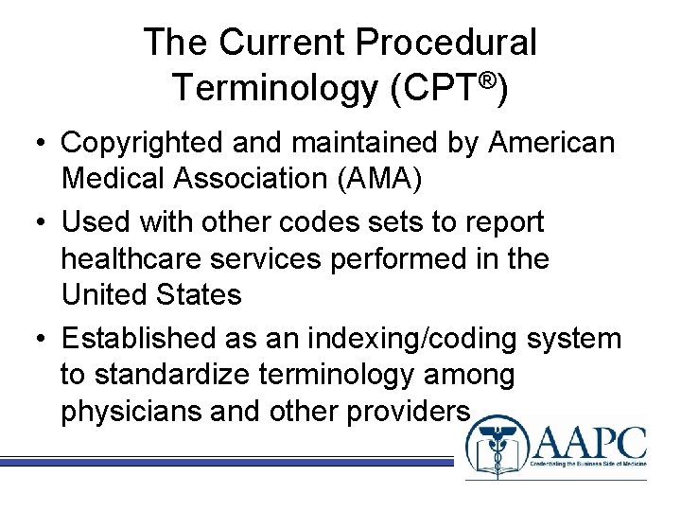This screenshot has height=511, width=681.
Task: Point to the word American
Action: (552, 143)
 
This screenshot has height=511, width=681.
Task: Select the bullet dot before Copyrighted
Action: (40, 145)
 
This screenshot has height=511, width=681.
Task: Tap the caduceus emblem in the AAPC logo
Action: (493, 449)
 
